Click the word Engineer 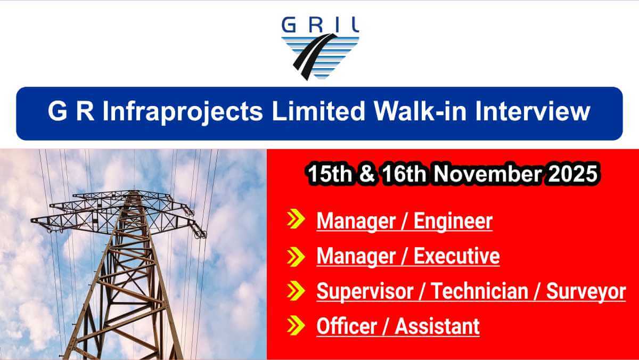[x=453, y=221]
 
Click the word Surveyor [x=585, y=291]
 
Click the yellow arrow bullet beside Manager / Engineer [x=296, y=220]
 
